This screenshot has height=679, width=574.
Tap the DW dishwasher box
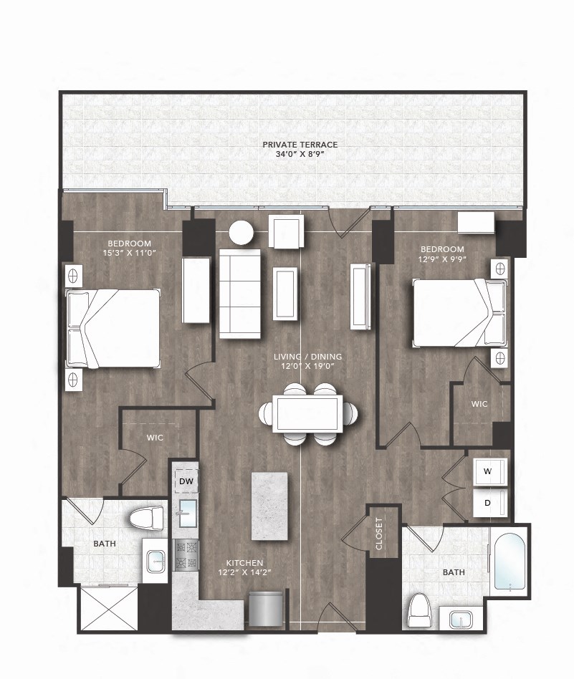pyautogui.click(x=187, y=481)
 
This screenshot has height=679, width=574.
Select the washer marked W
pyautogui.click(x=489, y=472)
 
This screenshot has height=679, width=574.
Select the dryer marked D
pyautogui.click(x=488, y=503)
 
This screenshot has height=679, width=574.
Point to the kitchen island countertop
pyautogui.click(x=269, y=506)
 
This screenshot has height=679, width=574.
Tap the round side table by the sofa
pyautogui.click(x=241, y=233)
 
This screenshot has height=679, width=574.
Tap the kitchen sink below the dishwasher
pyautogui.click(x=188, y=514)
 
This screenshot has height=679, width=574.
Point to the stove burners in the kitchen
pyautogui.click(x=186, y=554)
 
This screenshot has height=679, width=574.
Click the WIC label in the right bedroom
pyautogui.click(x=479, y=404)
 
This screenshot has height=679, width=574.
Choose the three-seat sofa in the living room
pyautogui.click(x=240, y=292)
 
